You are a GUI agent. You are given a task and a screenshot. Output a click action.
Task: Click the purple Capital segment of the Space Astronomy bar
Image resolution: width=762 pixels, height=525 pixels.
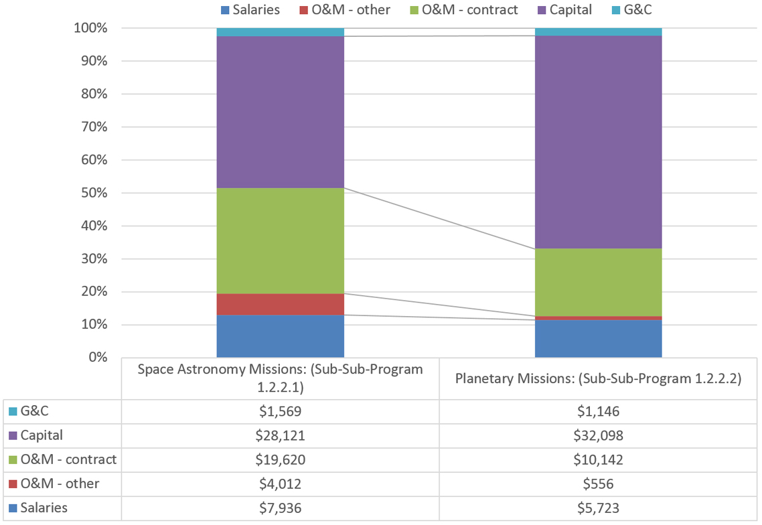[280, 112]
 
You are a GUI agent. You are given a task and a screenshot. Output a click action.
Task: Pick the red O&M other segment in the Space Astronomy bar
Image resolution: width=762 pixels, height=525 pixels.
[280, 304]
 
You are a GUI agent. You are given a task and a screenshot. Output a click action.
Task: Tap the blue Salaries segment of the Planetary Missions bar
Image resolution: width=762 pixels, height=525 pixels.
[598, 339]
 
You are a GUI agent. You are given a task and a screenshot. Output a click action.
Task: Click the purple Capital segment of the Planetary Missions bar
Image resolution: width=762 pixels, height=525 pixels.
[598, 142]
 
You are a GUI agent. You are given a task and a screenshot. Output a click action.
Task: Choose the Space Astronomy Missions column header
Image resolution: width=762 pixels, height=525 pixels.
[280, 378]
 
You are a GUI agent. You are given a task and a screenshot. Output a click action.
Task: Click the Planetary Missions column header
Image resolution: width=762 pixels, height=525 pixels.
[598, 378]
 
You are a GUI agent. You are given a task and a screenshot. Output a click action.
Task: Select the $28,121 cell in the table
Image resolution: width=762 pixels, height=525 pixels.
[280, 436]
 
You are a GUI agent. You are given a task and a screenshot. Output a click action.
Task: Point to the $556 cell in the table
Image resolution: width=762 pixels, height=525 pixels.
[598, 483]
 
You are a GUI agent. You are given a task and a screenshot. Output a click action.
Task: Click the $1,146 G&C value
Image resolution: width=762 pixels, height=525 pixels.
[598, 412]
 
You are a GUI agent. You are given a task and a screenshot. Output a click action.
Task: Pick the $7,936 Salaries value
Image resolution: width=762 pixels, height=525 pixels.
[280, 508]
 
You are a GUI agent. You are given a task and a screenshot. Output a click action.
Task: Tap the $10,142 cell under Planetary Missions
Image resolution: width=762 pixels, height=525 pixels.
[598, 460]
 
